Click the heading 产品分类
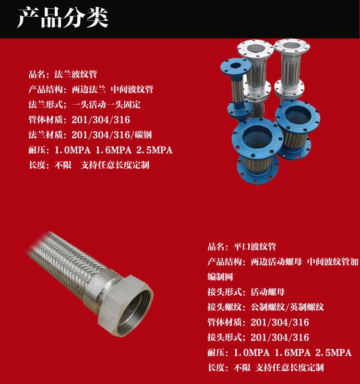tap(63, 17)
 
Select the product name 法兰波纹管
tap(76, 74)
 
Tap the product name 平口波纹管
tap(255, 247)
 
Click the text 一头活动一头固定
tap(106, 105)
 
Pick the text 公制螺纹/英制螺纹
tap(287, 307)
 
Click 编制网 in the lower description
tap(220, 277)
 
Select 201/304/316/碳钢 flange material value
tap(112, 135)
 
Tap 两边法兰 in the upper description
tap(89, 89)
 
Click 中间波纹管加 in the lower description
tap(333, 262)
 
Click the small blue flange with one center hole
tap(235, 67)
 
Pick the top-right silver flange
tap(292, 47)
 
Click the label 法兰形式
tap(46, 105)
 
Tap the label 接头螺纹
tap(225, 307)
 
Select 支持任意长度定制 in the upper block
tap(115, 165)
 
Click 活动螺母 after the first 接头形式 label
tap(268, 292)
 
